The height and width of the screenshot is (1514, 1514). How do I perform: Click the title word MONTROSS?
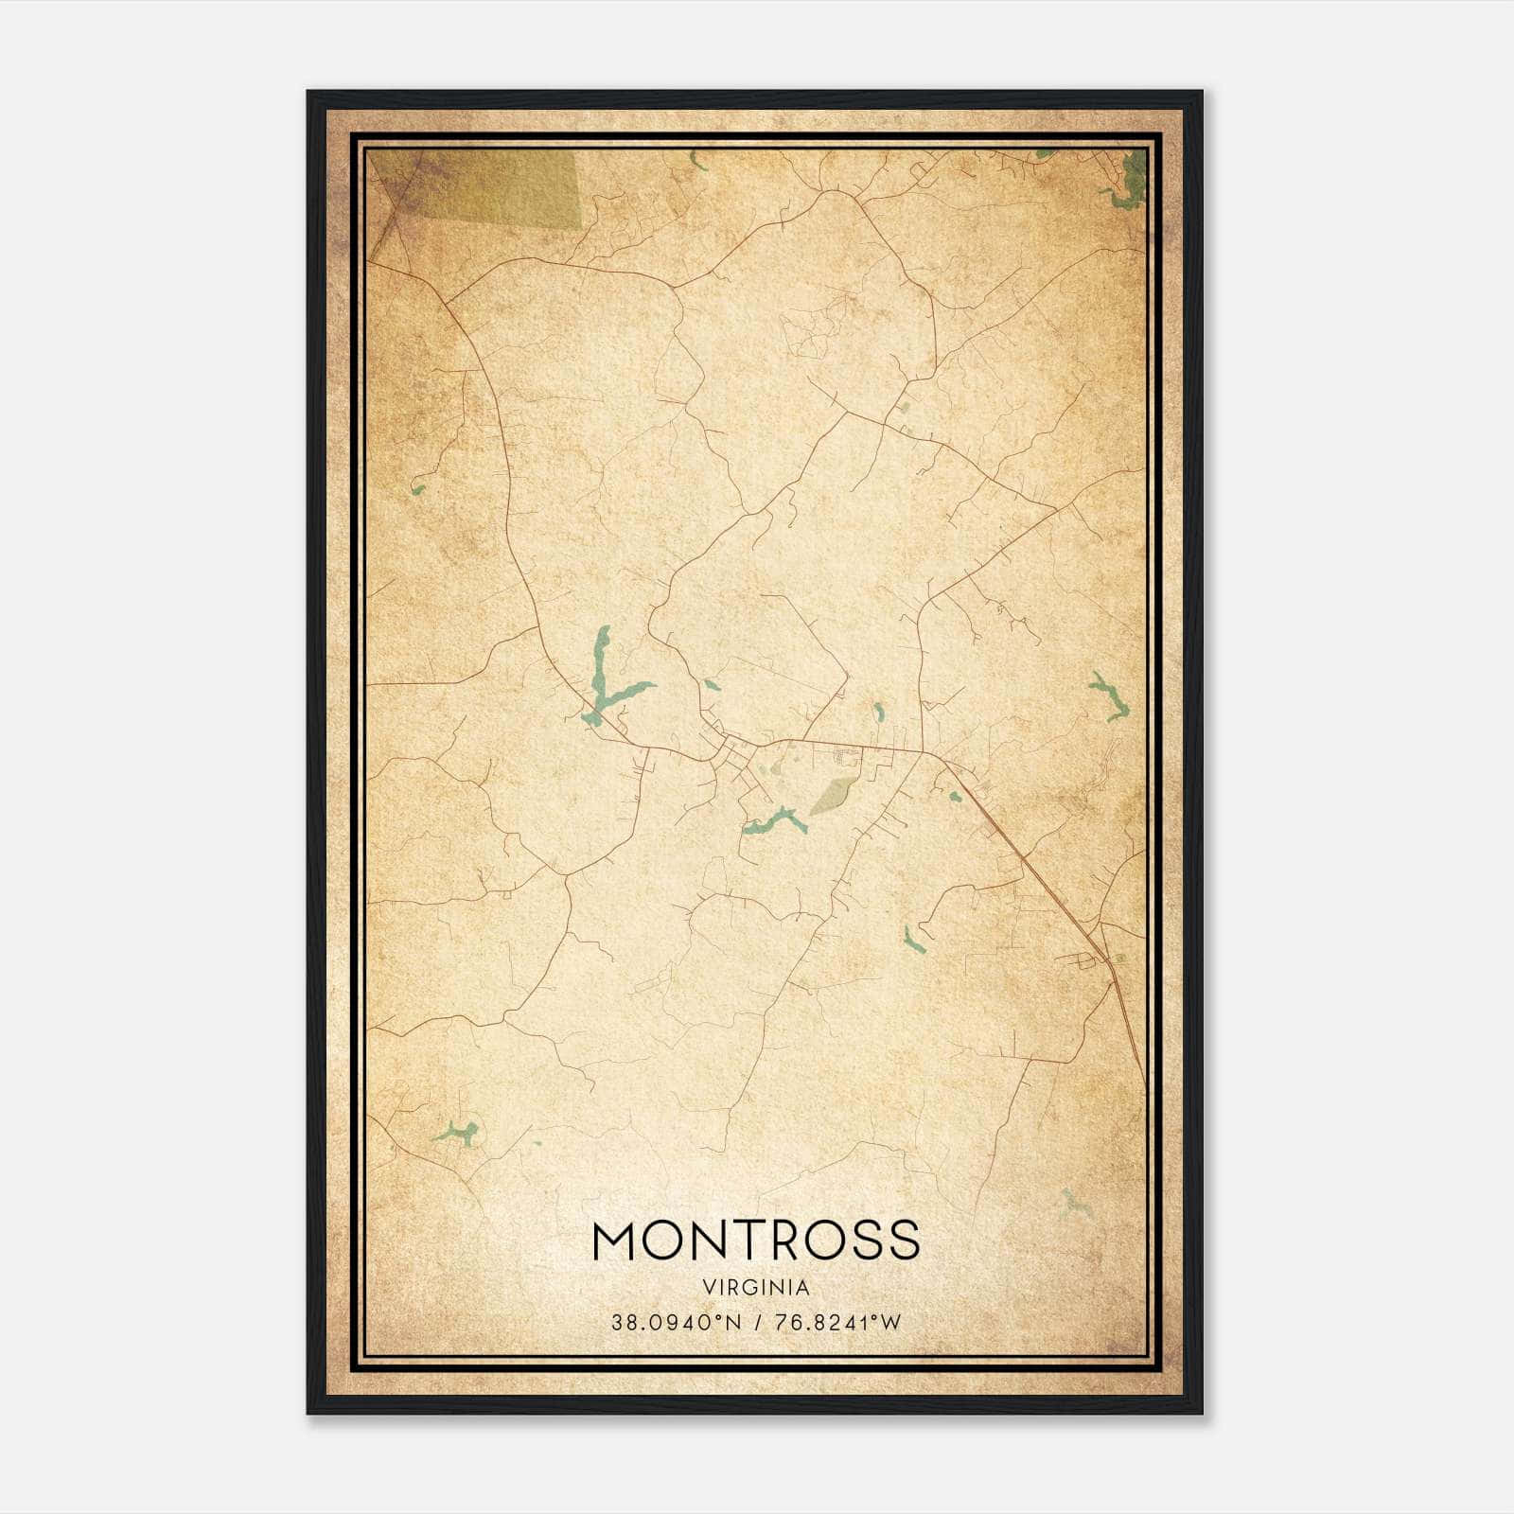pos(756,1240)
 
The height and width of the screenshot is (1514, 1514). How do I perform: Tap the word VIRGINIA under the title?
pos(756,1288)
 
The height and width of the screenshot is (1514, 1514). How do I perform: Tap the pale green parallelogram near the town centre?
pos(834,795)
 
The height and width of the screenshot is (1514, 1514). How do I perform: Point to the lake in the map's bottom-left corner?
pos(457,1133)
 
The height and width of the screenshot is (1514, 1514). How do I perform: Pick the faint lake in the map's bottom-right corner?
pos(1074,1204)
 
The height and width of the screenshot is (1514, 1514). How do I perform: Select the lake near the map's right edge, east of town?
pos(1107,695)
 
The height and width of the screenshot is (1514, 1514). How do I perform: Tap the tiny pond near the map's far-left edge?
pos(417,490)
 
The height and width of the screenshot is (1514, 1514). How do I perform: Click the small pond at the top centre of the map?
pos(698,161)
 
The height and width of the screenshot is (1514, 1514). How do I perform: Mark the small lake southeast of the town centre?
pos(913,940)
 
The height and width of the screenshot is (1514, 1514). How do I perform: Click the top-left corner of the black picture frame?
pos(309,93)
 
